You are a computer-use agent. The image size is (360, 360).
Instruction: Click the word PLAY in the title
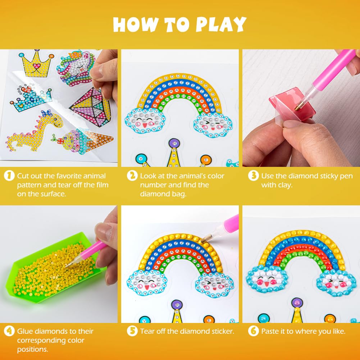[x=221, y=24]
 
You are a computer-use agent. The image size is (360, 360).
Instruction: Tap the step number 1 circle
[x=9, y=176]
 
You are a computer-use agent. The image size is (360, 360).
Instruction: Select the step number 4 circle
[x=9, y=331]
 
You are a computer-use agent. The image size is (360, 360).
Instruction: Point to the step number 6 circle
[x=254, y=331]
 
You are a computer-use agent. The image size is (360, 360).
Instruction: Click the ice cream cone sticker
[x=83, y=141]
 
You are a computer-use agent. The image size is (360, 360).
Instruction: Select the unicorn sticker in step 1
[x=76, y=68]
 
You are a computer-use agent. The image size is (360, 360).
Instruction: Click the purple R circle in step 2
[x=174, y=143]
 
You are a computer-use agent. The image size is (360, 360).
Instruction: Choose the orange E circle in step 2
[x=206, y=160]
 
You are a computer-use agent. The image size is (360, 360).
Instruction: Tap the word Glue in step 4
[x=25, y=331]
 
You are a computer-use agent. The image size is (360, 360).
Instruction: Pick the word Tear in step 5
[x=147, y=331]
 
